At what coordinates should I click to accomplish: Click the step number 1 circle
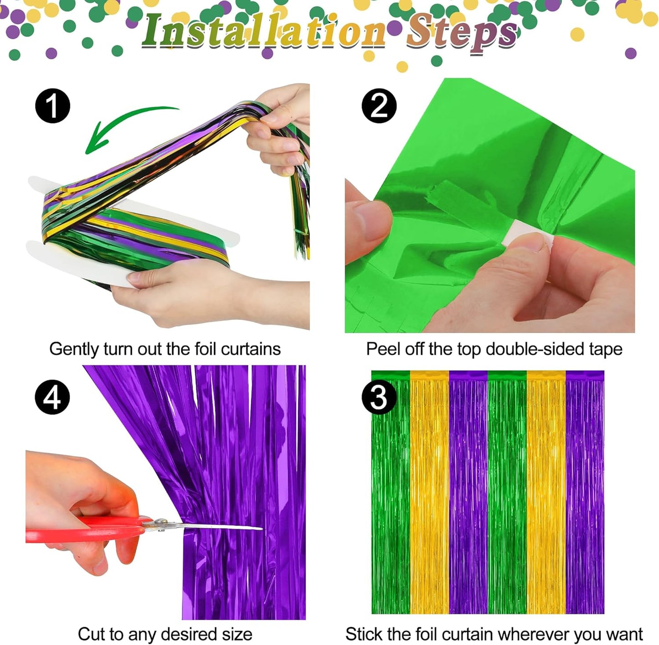point(53,106)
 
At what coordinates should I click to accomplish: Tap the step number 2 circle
point(379,106)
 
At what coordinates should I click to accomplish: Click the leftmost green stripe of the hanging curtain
point(390,493)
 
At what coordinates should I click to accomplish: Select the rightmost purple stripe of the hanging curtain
point(585,493)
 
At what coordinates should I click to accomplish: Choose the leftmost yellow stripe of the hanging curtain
point(429,493)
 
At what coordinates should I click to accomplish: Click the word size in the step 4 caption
point(237,634)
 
